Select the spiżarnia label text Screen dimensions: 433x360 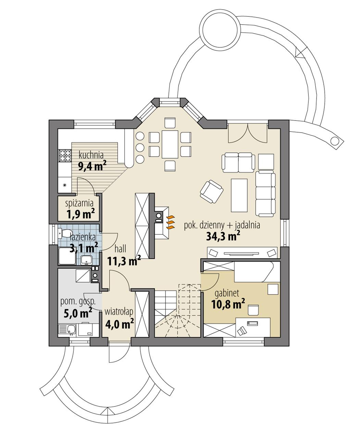tap(79, 204)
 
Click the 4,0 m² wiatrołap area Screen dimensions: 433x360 tap(119, 323)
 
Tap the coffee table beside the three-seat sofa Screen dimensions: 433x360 tap(239, 196)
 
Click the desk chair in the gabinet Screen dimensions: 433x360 tap(253, 309)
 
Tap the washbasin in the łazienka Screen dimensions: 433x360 tap(86, 259)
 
